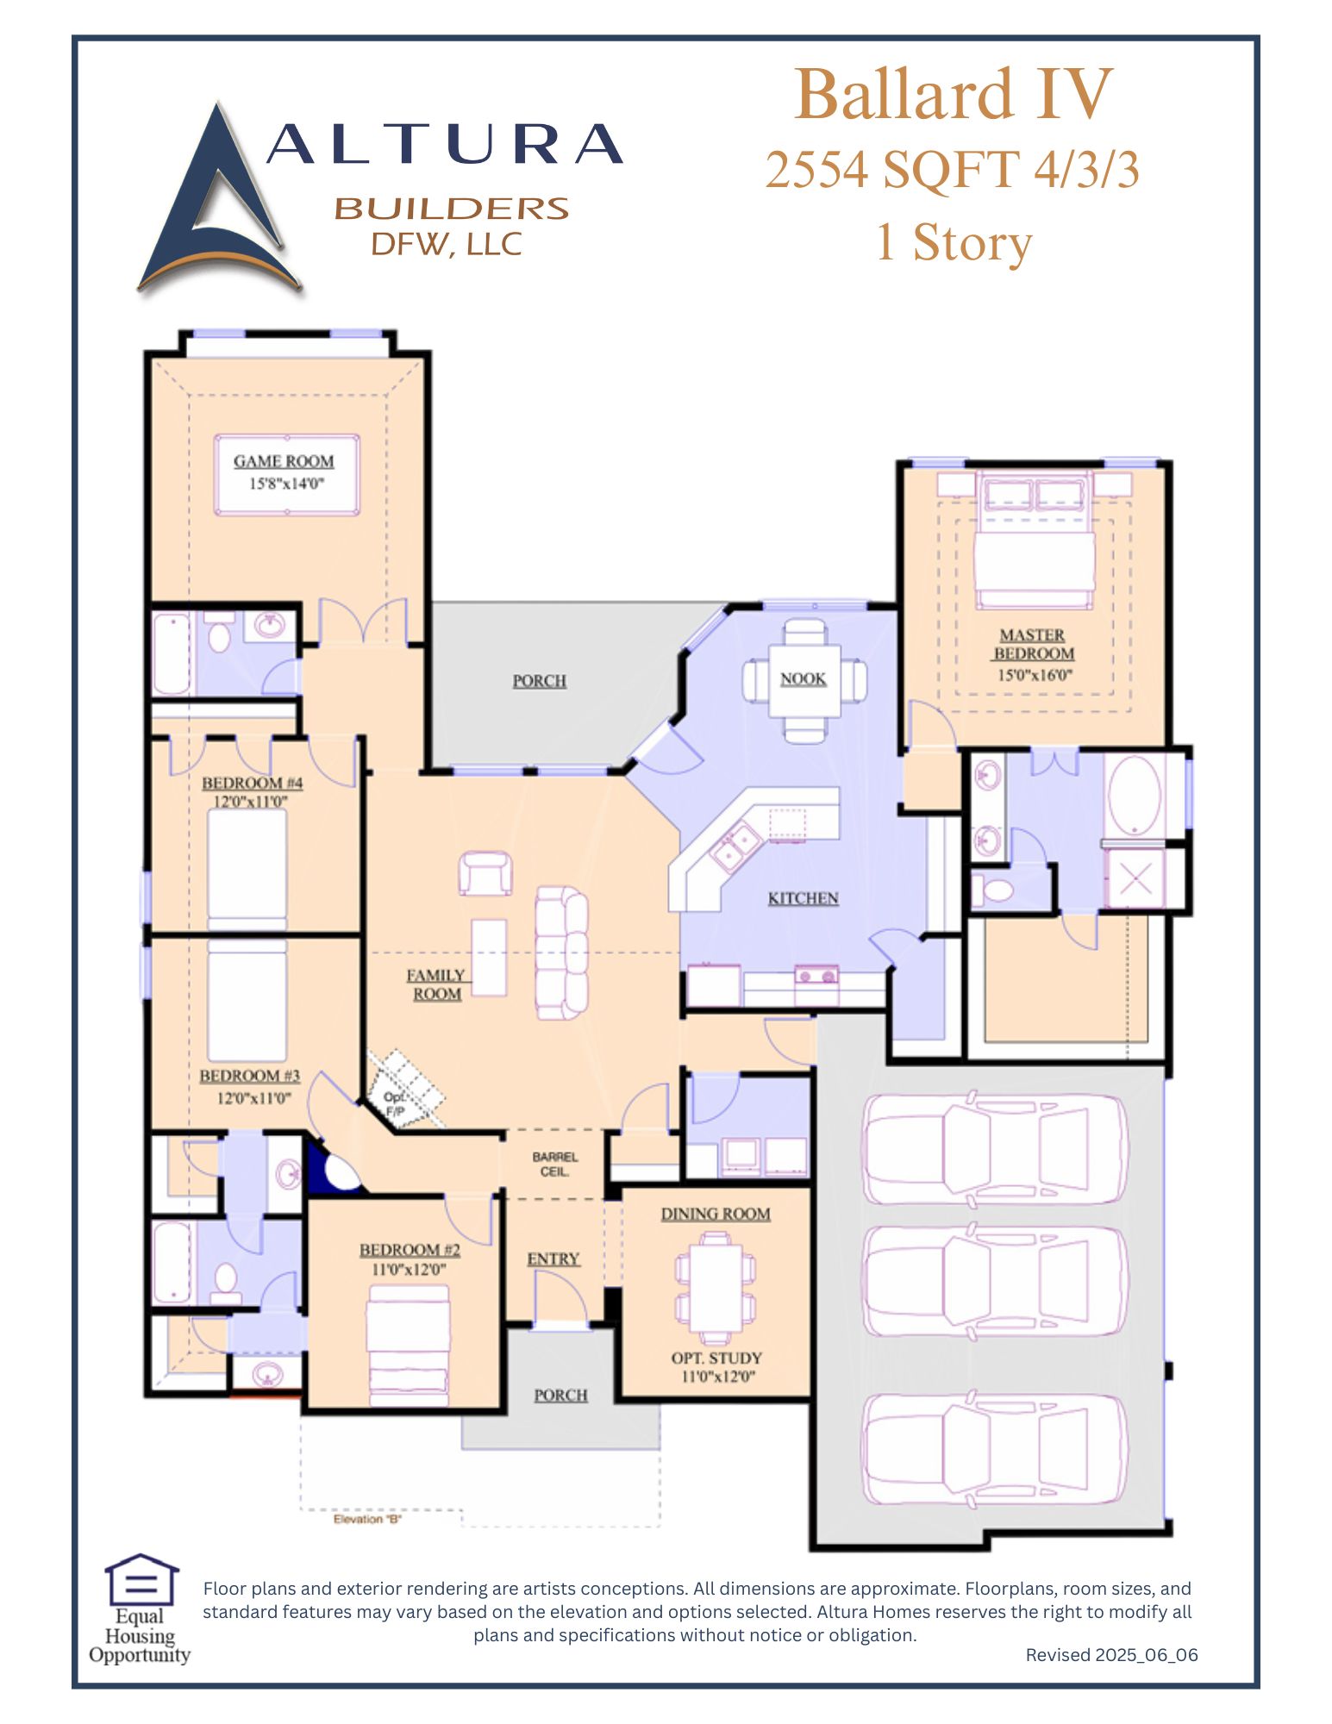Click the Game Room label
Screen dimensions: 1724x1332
coord(284,461)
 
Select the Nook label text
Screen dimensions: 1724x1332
coord(804,679)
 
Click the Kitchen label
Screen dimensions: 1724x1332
coord(803,898)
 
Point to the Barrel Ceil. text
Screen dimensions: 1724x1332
coord(554,1164)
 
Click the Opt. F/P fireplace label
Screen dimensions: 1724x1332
coord(395,1104)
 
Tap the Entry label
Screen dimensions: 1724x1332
coord(553,1259)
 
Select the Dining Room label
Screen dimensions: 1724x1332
coord(716,1214)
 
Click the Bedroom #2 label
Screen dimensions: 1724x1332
coord(410,1250)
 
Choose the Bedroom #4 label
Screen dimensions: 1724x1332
coord(252,783)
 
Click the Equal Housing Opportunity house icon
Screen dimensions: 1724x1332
coord(141,1579)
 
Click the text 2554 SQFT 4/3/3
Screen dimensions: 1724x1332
coord(952,170)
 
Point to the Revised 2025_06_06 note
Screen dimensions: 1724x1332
coord(1111,1655)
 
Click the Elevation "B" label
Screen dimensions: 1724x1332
coord(367,1520)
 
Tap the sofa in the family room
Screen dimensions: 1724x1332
coord(561,953)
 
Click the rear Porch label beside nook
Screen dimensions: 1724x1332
coord(540,681)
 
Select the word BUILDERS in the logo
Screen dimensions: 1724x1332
coord(451,209)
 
